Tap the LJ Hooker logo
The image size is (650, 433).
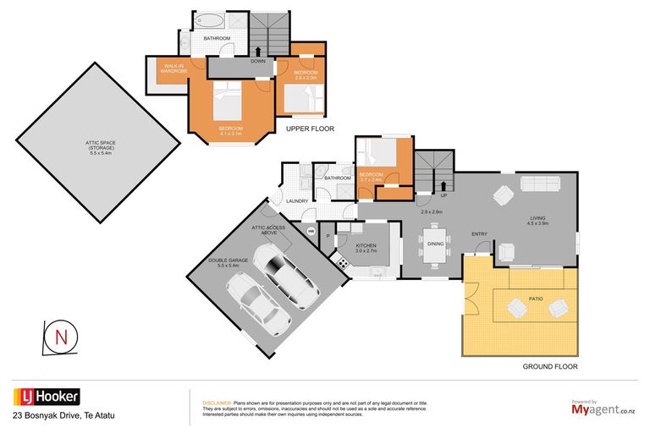[x=47, y=397]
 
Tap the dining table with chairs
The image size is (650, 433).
[x=435, y=244]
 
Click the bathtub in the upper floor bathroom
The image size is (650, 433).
[x=208, y=20]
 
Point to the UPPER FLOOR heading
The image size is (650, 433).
[x=310, y=129]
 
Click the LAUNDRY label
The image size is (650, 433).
[x=296, y=200]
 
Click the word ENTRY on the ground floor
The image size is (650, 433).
[x=479, y=234]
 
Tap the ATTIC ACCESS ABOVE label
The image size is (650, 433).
[x=270, y=229]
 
